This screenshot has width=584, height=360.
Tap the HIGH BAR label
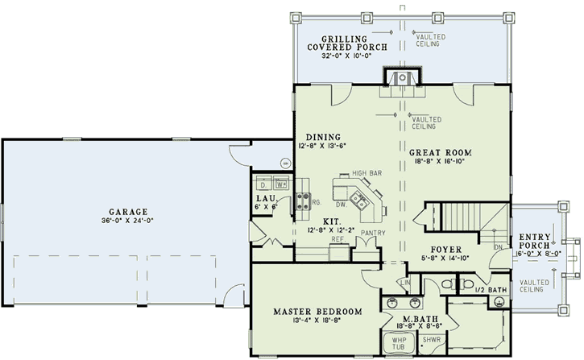(x=366, y=172)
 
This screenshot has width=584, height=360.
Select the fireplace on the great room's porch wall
(x=399, y=77)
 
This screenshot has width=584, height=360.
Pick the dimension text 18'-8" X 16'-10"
(x=439, y=161)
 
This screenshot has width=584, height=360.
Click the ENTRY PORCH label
(x=535, y=241)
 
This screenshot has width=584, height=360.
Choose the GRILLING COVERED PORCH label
(x=347, y=43)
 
